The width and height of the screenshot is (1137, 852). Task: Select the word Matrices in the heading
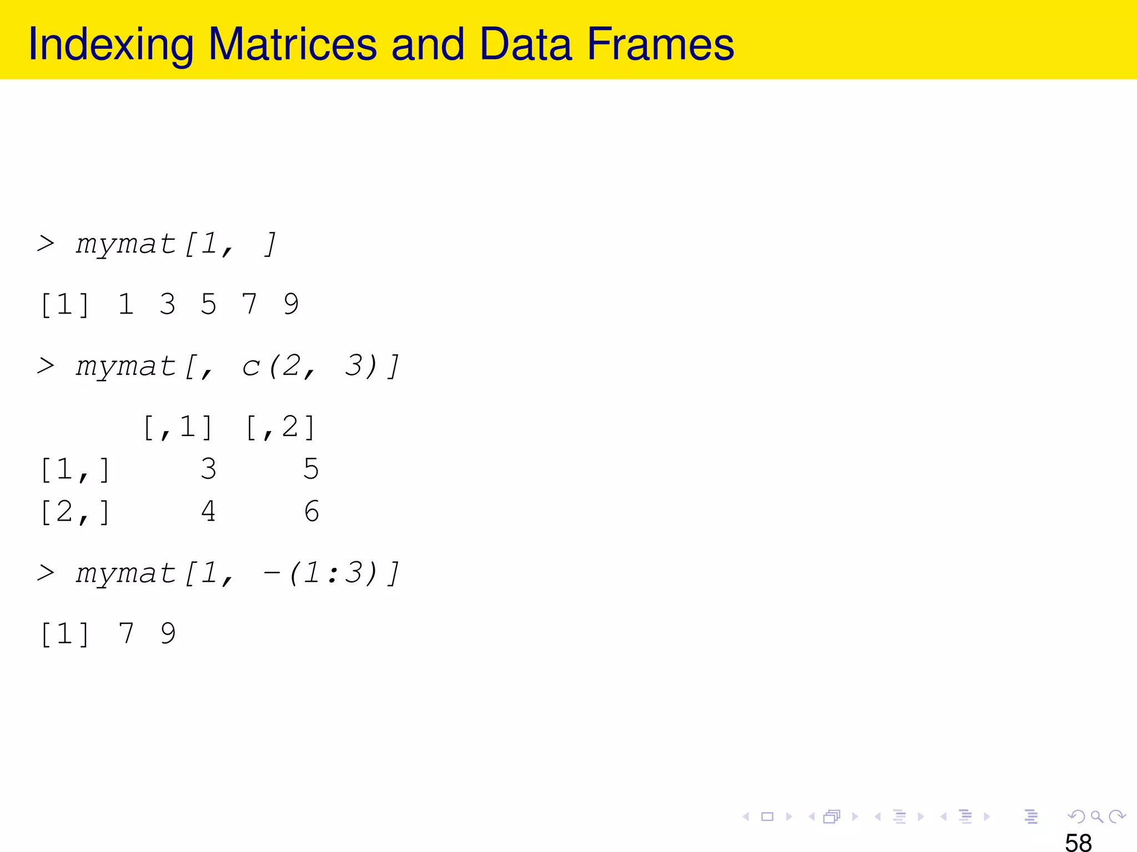click(x=292, y=44)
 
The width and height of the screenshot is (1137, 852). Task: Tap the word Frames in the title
click(x=660, y=44)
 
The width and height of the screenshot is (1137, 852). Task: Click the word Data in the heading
click(x=525, y=44)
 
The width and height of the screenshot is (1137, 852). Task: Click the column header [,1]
click(x=178, y=428)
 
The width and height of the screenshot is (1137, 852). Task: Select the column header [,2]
click(x=280, y=428)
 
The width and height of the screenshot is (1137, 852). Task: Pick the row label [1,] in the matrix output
click(x=75, y=470)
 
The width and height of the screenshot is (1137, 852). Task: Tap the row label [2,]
click(x=75, y=512)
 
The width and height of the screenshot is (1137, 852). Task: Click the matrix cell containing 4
click(x=208, y=511)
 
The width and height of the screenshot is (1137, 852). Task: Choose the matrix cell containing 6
click(x=311, y=511)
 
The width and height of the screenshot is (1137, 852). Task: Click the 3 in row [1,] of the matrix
click(x=208, y=469)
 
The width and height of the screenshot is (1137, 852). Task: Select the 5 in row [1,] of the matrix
click(x=311, y=469)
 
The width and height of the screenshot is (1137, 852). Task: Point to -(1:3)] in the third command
click(x=331, y=574)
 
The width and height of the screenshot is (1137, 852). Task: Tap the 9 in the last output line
click(x=168, y=633)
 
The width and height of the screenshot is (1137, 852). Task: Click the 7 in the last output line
click(x=127, y=633)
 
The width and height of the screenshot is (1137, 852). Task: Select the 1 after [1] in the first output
click(x=126, y=305)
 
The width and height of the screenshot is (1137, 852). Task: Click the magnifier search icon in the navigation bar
click(x=1096, y=816)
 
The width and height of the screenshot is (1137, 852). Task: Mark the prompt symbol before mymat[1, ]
click(x=46, y=244)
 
